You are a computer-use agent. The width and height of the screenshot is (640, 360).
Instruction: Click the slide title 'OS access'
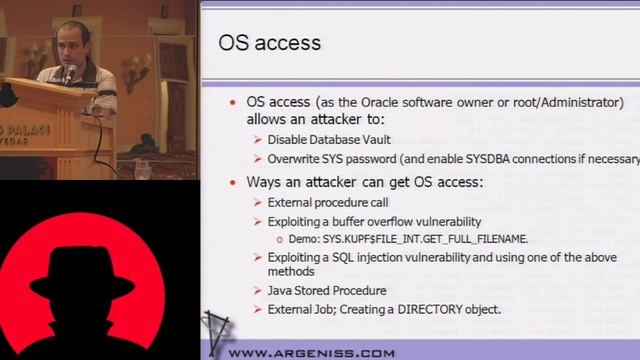(x=269, y=42)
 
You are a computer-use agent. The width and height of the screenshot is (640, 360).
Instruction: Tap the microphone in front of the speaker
(x=69, y=72)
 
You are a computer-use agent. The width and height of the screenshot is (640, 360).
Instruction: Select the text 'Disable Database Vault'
(x=329, y=140)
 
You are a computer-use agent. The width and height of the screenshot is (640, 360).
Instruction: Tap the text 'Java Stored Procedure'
(x=327, y=290)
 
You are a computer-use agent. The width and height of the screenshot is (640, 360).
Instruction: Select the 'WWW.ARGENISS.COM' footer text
(x=312, y=352)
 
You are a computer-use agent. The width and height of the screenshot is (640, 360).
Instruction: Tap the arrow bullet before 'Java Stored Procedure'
(x=257, y=290)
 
